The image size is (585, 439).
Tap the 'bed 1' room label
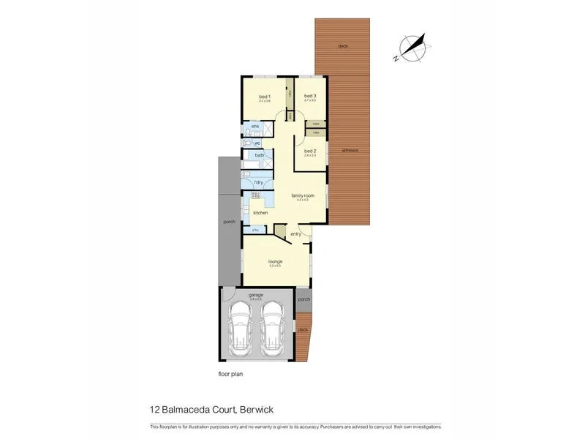(x=265, y=97)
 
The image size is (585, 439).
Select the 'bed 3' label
(x=310, y=96)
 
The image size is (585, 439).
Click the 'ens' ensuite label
(x=255, y=127)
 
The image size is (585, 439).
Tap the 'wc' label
(x=257, y=143)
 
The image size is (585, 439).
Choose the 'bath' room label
(x=259, y=156)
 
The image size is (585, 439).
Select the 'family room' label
(x=303, y=195)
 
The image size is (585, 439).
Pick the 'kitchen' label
(x=260, y=213)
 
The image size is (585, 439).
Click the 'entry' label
(x=295, y=234)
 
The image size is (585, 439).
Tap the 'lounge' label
(x=275, y=261)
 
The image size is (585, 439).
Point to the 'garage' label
(x=256, y=295)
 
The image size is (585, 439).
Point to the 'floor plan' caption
(x=230, y=374)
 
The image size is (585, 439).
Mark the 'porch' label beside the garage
(x=303, y=299)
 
